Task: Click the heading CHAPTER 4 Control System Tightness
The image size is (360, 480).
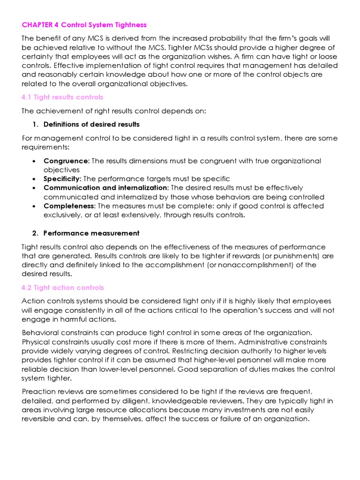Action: (x=84, y=24)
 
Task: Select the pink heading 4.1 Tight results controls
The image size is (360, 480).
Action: (x=62, y=97)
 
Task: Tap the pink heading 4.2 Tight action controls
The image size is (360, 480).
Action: (x=63, y=287)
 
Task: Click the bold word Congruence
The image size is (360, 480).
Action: (x=65, y=161)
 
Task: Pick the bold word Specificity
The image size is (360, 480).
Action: (x=62, y=179)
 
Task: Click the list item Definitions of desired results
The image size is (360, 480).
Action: (x=91, y=124)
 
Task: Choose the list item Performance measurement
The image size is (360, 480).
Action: (x=91, y=233)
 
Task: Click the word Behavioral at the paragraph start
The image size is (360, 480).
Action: (x=41, y=332)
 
